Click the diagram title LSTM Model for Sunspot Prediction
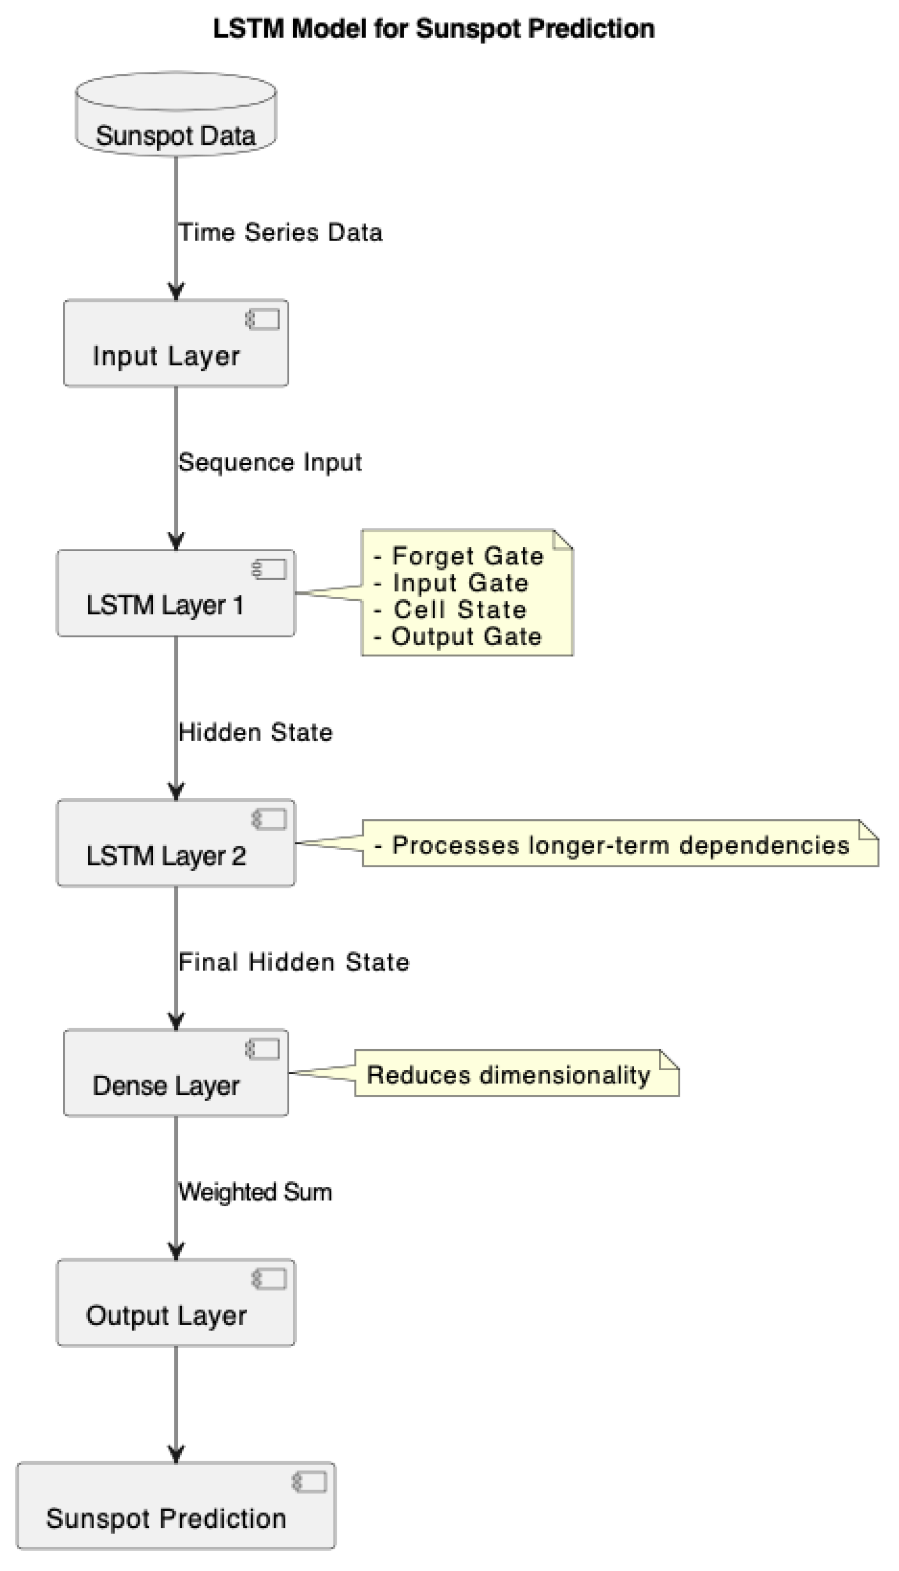click(433, 29)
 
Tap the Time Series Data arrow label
click(280, 233)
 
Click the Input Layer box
click(176, 344)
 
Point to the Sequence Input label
click(270, 462)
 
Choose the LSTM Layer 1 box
click(176, 594)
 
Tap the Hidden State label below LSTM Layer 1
click(255, 733)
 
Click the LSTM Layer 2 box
click(176, 844)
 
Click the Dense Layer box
click(176, 1073)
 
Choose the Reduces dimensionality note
click(509, 1075)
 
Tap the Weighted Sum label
click(255, 1192)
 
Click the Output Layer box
click(176, 1303)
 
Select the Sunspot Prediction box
click(176, 1506)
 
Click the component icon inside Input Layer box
click(263, 320)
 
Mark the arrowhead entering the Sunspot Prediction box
click(176, 1454)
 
